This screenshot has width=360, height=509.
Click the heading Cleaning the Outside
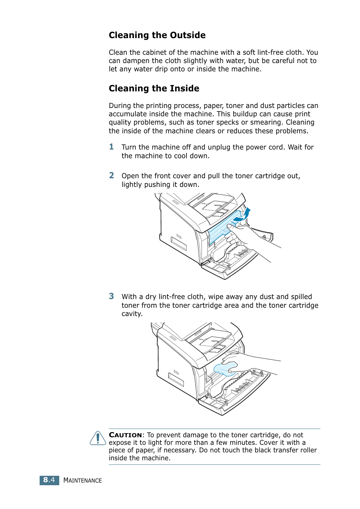pyautogui.click(x=157, y=35)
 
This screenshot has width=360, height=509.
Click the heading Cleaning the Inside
pyautogui.click(x=154, y=88)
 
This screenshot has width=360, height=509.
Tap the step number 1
pyautogui.click(x=111, y=147)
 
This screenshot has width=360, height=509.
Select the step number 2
pyautogui.click(x=111, y=176)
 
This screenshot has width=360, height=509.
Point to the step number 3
pyautogui.click(x=111, y=296)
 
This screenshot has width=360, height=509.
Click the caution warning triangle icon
pyautogui.click(x=98, y=438)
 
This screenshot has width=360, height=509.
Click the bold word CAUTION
pyautogui.click(x=125, y=435)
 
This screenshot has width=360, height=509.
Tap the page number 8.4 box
pyautogui.click(x=49, y=480)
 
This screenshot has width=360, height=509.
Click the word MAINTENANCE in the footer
pyautogui.click(x=82, y=480)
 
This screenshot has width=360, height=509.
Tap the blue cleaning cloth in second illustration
pyautogui.click(x=226, y=369)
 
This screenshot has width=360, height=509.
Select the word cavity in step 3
pyautogui.click(x=132, y=314)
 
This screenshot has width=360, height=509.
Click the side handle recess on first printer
pyautogui.click(x=178, y=244)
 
